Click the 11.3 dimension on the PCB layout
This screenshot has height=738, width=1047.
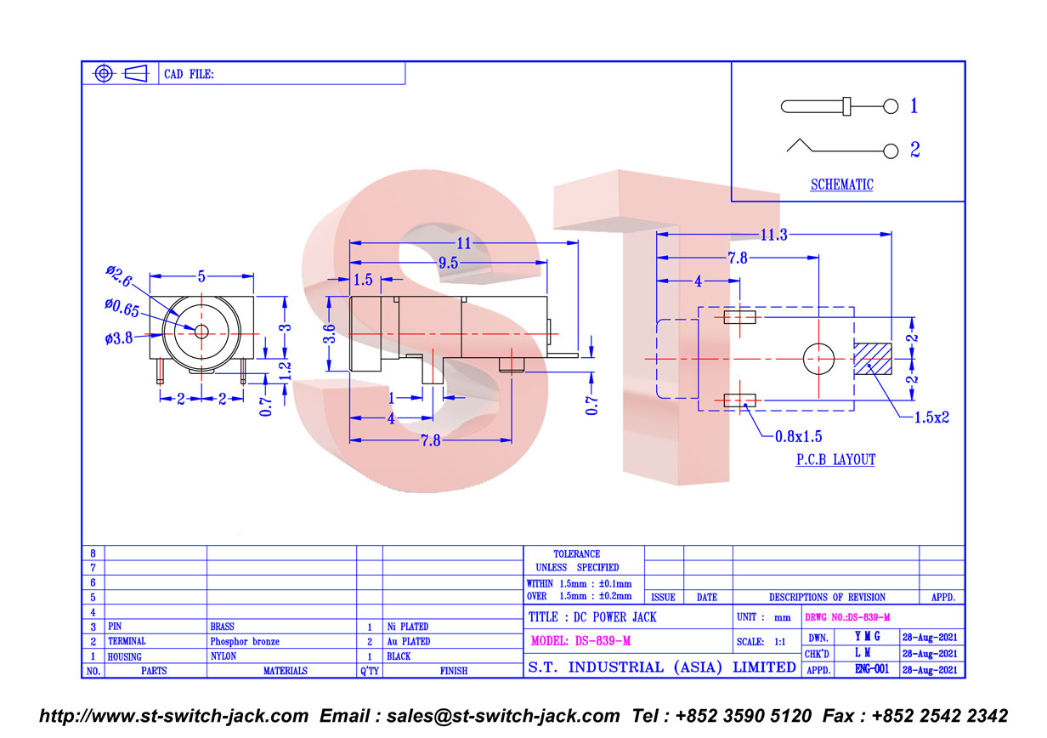pyautogui.click(x=774, y=235)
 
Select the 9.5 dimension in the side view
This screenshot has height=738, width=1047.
pyautogui.click(x=448, y=263)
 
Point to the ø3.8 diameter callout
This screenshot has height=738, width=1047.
pyautogui.click(x=119, y=338)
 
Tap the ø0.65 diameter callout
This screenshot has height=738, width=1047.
pyautogui.click(x=122, y=308)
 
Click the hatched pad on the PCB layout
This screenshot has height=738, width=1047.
pyautogui.click(x=873, y=359)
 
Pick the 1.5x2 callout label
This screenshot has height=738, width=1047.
pyautogui.click(x=931, y=417)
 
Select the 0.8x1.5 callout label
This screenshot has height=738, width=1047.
pyautogui.click(x=799, y=436)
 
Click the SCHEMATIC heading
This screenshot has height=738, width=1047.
pyautogui.click(x=842, y=184)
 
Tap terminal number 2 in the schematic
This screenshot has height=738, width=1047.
pyautogui.click(x=915, y=150)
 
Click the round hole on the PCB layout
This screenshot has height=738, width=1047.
pyautogui.click(x=819, y=359)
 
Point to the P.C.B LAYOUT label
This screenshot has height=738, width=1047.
pyautogui.click(x=835, y=460)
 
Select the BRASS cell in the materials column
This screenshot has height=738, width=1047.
pyautogui.click(x=222, y=627)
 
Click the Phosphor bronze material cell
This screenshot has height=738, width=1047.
pyautogui.click(x=245, y=641)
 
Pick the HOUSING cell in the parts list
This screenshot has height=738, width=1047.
pyautogui.click(x=124, y=656)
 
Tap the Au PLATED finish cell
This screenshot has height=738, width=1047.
pyautogui.click(x=409, y=641)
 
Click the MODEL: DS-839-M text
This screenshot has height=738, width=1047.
pyautogui.click(x=581, y=641)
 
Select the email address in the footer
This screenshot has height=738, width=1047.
pyautogui.click(x=503, y=716)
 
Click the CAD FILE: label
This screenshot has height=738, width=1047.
pyautogui.click(x=189, y=74)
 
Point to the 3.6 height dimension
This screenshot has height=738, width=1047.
pyautogui.click(x=330, y=333)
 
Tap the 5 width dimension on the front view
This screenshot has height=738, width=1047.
pyautogui.click(x=201, y=276)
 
